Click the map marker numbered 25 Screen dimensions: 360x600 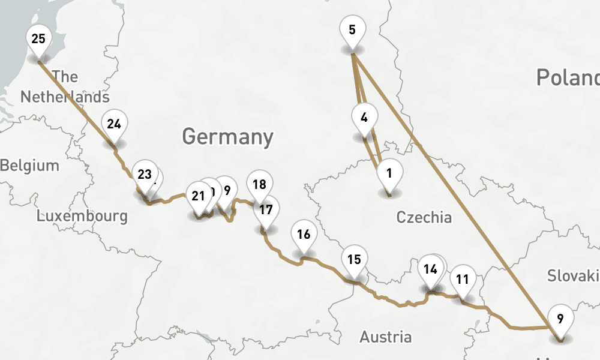38,40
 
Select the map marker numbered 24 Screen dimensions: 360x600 114,125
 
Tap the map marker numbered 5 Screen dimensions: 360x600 352,30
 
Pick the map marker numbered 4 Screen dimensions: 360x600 364,118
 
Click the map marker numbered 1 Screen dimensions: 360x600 389,175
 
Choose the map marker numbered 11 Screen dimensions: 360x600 462,279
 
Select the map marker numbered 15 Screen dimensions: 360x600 354,260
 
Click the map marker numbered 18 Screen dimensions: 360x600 259,185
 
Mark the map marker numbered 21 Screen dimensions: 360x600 198,196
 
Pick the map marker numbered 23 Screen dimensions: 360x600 144,175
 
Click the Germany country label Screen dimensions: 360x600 227,137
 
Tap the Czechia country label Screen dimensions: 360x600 424,217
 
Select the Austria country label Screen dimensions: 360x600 385,337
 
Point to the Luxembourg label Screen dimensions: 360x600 82,216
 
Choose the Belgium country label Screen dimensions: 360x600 30,166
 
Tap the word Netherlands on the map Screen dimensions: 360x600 65,97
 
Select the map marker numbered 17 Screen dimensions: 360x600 266,210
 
